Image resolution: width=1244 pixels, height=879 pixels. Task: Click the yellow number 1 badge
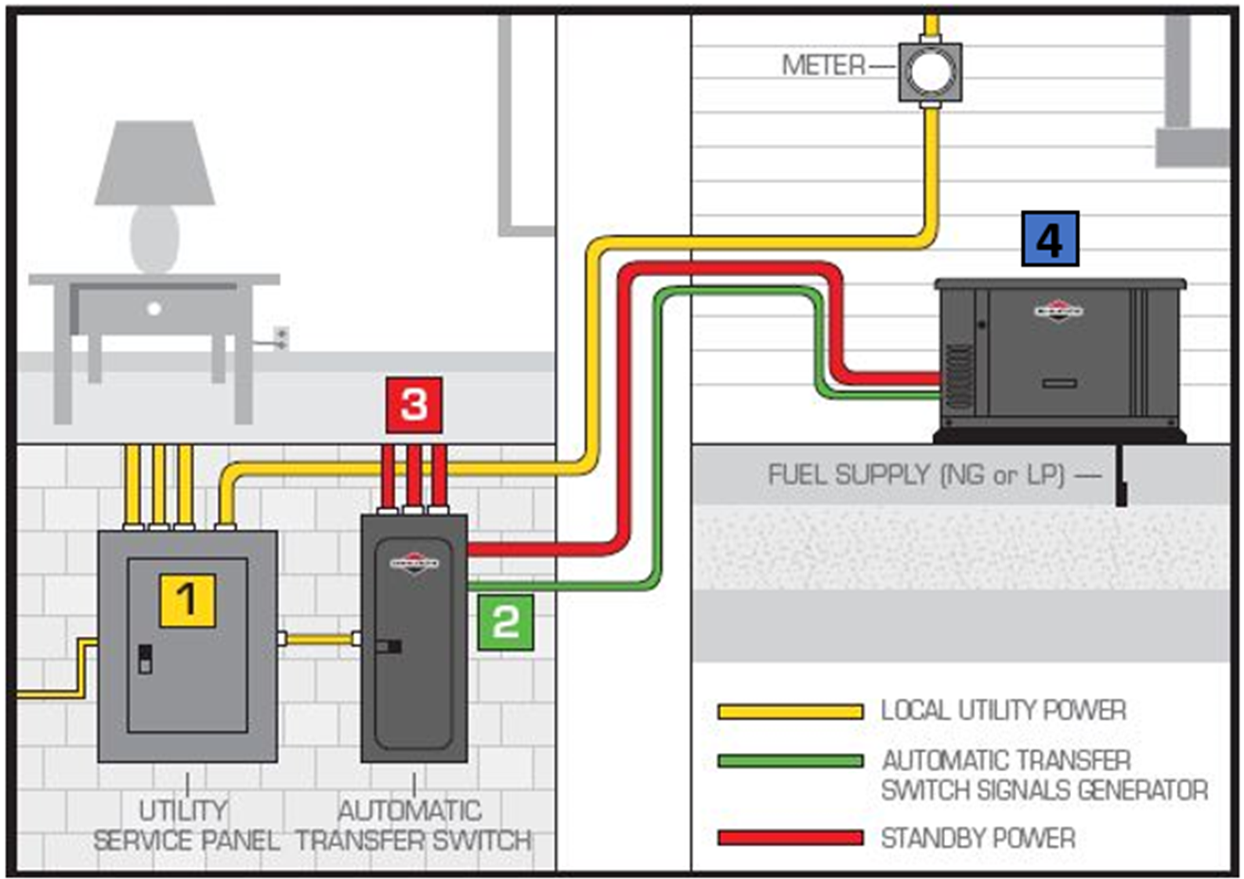click(x=187, y=600)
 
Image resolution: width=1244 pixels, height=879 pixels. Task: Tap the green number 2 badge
click(x=505, y=622)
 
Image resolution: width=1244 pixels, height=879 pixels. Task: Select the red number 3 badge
click(x=414, y=405)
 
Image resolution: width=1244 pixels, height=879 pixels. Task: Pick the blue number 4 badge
click(x=1050, y=239)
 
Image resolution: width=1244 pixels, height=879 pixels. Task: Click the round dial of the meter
click(x=930, y=71)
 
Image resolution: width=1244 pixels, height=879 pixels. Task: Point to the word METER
click(x=823, y=65)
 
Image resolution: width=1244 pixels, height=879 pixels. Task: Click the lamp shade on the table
click(x=155, y=164)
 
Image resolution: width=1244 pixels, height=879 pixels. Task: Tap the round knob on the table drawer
click(x=154, y=308)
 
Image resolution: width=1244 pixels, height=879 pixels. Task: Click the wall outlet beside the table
click(x=281, y=337)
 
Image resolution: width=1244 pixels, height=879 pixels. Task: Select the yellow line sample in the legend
click(x=790, y=711)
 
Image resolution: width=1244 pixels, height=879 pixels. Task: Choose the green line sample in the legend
click(x=790, y=761)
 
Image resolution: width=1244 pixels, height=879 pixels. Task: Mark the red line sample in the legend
click(x=790, y=837)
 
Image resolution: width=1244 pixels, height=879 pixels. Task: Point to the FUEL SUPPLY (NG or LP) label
click(x=917, y=475)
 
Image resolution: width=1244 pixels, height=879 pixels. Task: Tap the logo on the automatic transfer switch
click(x=414, y=562)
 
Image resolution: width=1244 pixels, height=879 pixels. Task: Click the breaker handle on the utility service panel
click(x=145, y=659)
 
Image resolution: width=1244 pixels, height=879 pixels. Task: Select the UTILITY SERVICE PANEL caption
click(x=186, y=825)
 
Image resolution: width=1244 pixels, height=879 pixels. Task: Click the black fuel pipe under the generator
click(x=1121, y=475)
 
